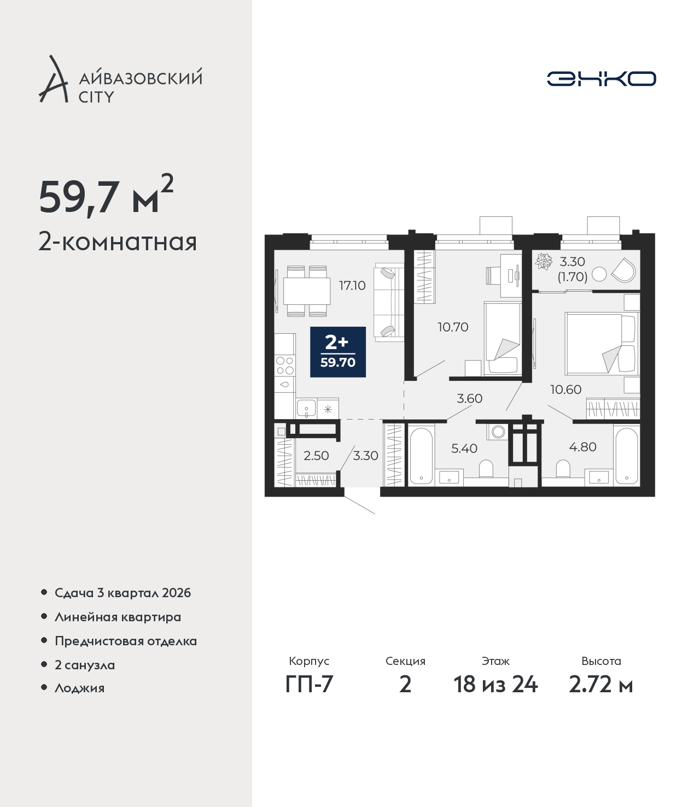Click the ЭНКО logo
[601, 79]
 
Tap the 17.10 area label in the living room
[352, 286]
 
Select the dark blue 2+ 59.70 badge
[337, 352]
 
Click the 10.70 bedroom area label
[453, 327]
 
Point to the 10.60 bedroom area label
[566, 389]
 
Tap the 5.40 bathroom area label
[464, 448]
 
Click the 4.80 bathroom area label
[583, 446]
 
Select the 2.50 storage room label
[316, 456]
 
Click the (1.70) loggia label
[573, 277]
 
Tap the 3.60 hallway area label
[470, 399]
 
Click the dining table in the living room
[307, 291]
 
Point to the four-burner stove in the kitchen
[285, 366]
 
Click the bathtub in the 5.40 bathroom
[421, 455]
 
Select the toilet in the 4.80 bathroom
[563, 468]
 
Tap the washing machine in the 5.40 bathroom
[498, 432]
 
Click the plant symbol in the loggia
[544, 261]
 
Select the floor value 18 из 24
[495, 684]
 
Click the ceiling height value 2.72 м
[600, 684]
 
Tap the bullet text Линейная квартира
[118, 617]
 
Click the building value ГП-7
[309, 684]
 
